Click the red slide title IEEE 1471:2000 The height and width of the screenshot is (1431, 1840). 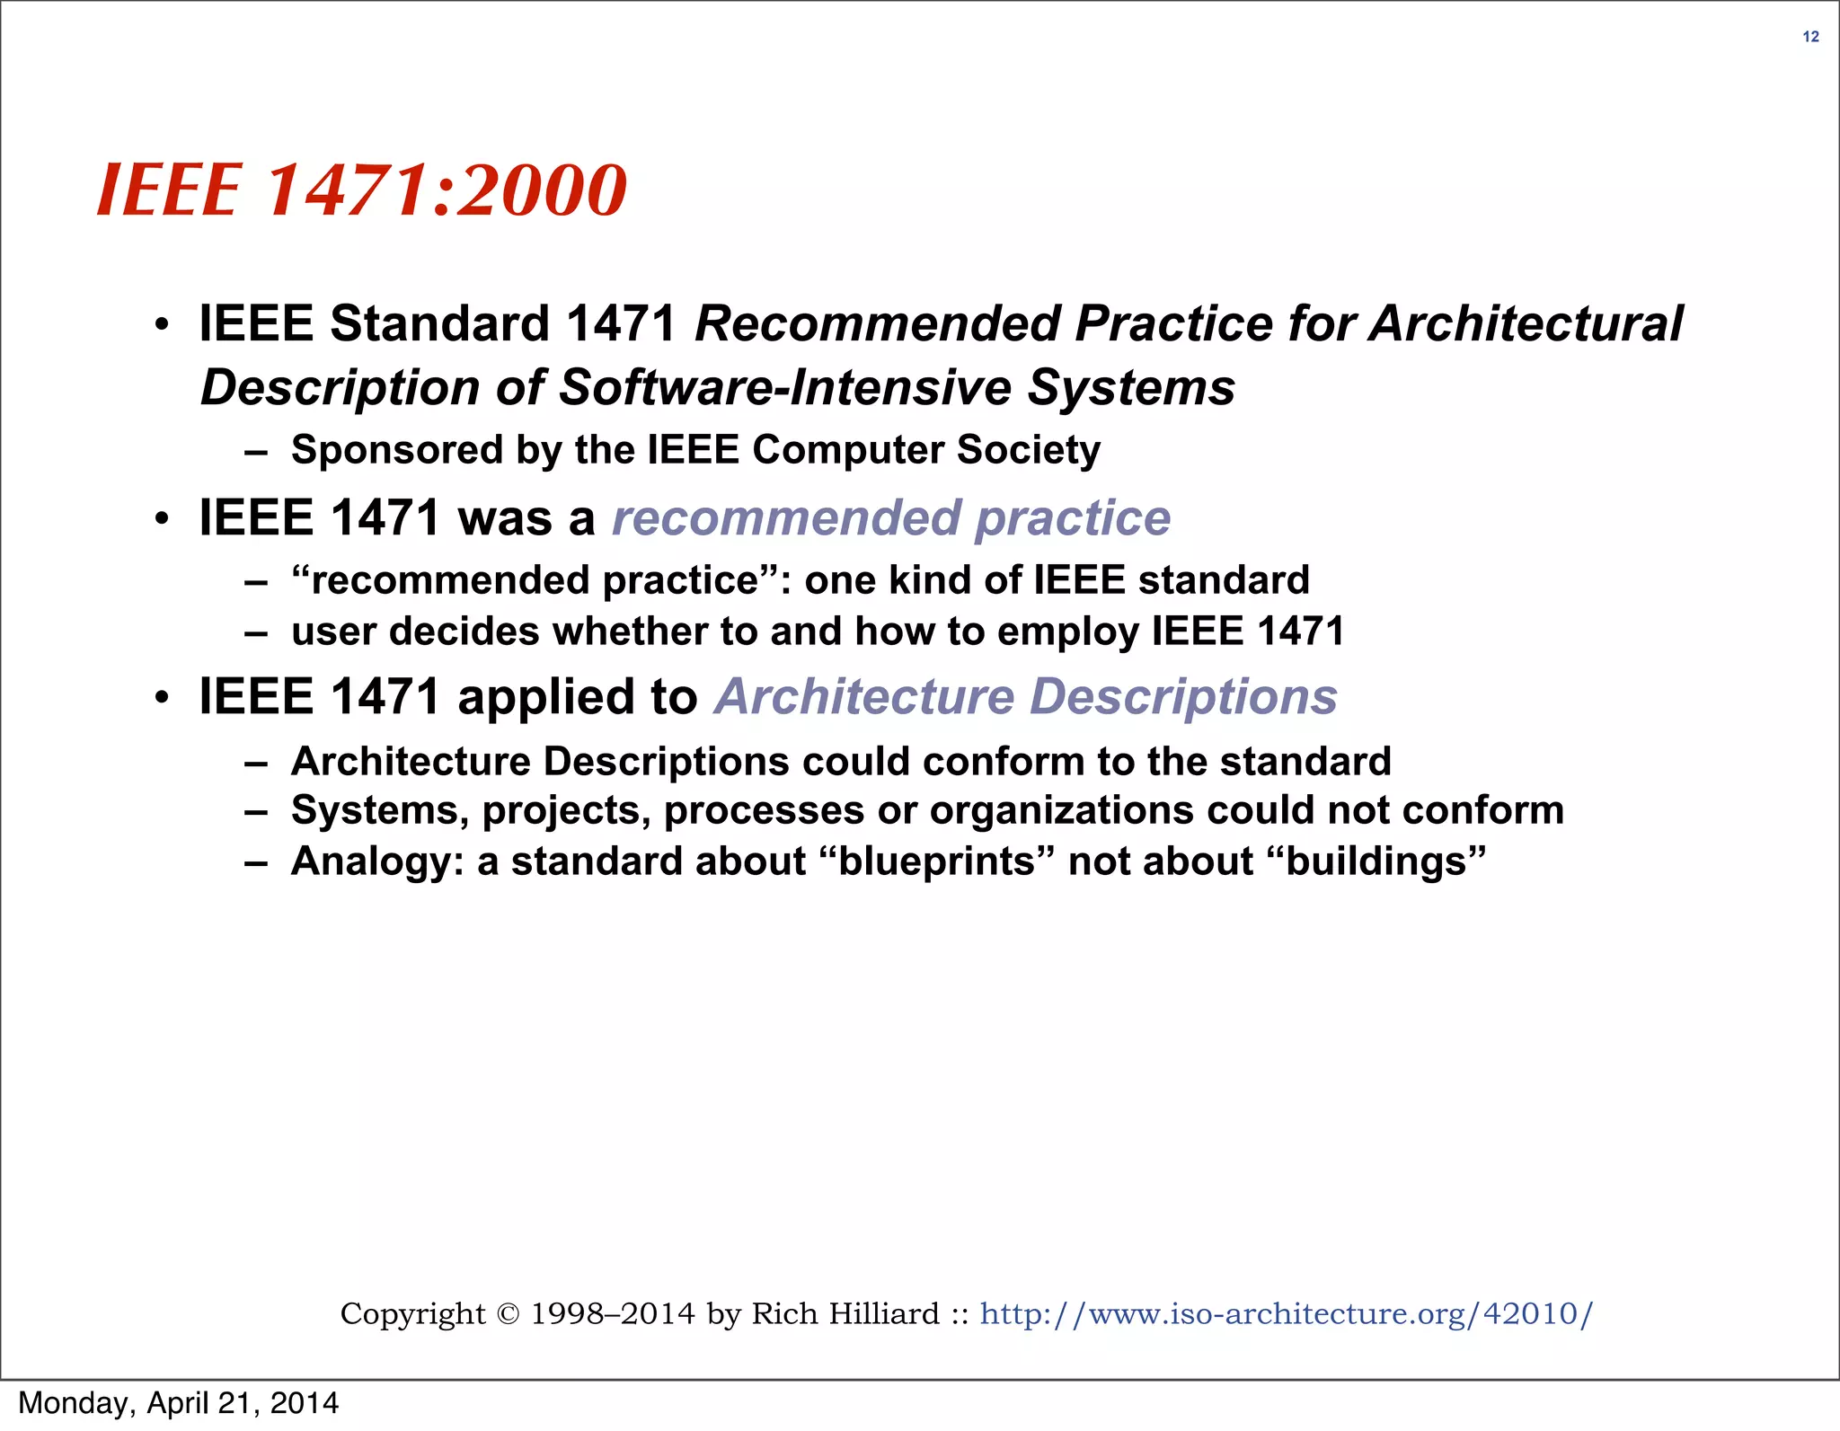[x=361, y=190]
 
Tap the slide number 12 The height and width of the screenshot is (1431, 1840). [x=1810, y=37]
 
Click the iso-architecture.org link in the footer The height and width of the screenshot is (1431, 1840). [x=1286, y=1313]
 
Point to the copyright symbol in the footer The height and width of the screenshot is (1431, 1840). [x=508, y=1314]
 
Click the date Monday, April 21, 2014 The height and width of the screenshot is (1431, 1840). [x=179, y=1403]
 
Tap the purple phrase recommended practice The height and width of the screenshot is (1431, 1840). [x=891, y=518]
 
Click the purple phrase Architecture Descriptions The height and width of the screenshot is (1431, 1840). [x=1026, y=697]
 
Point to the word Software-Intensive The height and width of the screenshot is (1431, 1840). [x=785, y=388]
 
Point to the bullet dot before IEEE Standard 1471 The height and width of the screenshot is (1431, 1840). [x=162, y=325]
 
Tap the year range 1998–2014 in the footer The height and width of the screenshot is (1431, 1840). [x=613, y=1314]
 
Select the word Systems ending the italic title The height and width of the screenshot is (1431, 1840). [x=1130, y=388]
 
